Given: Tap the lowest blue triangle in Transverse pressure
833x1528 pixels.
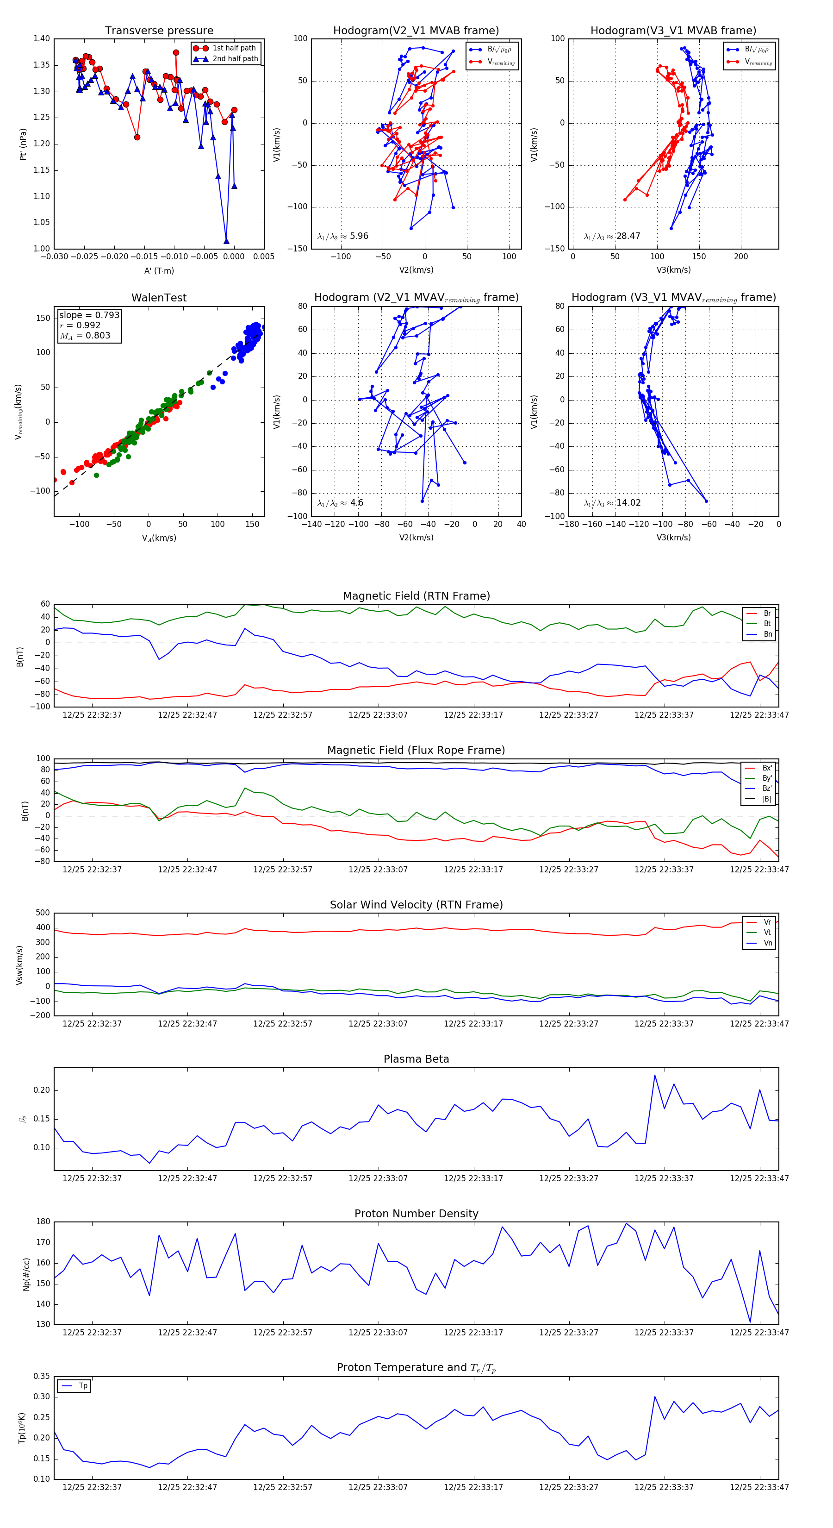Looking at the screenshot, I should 226,241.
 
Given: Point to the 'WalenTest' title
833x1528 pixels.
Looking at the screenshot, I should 159,298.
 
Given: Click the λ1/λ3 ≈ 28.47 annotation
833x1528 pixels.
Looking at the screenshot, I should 612,236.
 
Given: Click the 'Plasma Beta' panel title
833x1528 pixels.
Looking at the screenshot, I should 416,1059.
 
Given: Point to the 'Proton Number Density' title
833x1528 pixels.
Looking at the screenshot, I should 416,1214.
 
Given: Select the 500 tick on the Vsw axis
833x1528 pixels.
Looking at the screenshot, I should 43,914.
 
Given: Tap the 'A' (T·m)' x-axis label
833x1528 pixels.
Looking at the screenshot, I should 159,271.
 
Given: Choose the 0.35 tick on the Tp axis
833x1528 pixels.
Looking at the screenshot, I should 42,1376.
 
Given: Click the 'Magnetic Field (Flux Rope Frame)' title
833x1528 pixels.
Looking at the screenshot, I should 416,751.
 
